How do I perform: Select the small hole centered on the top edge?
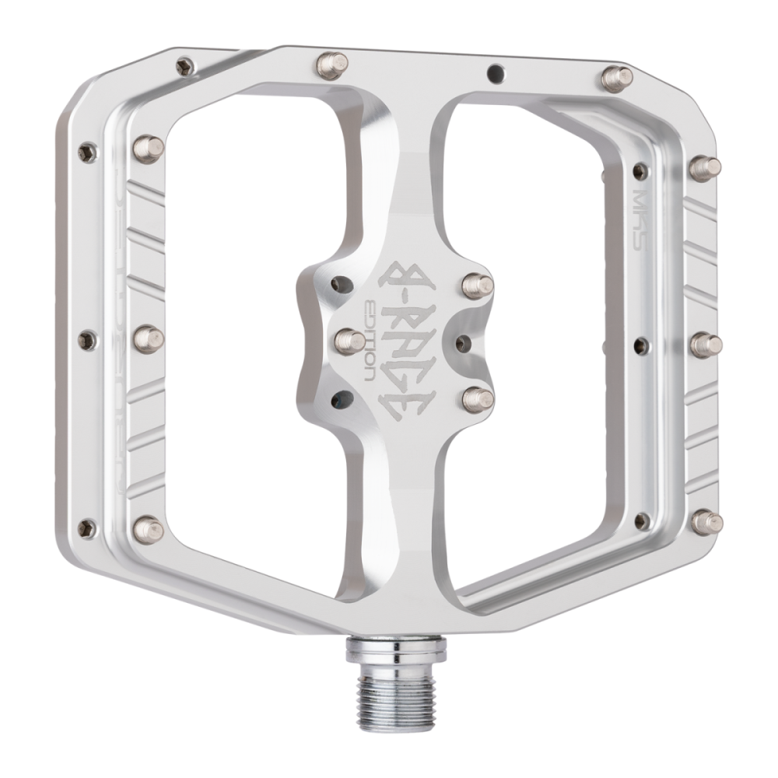click(492, 73)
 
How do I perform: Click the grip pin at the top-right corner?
click(619, 76)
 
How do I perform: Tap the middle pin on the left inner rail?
click(150, 338)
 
